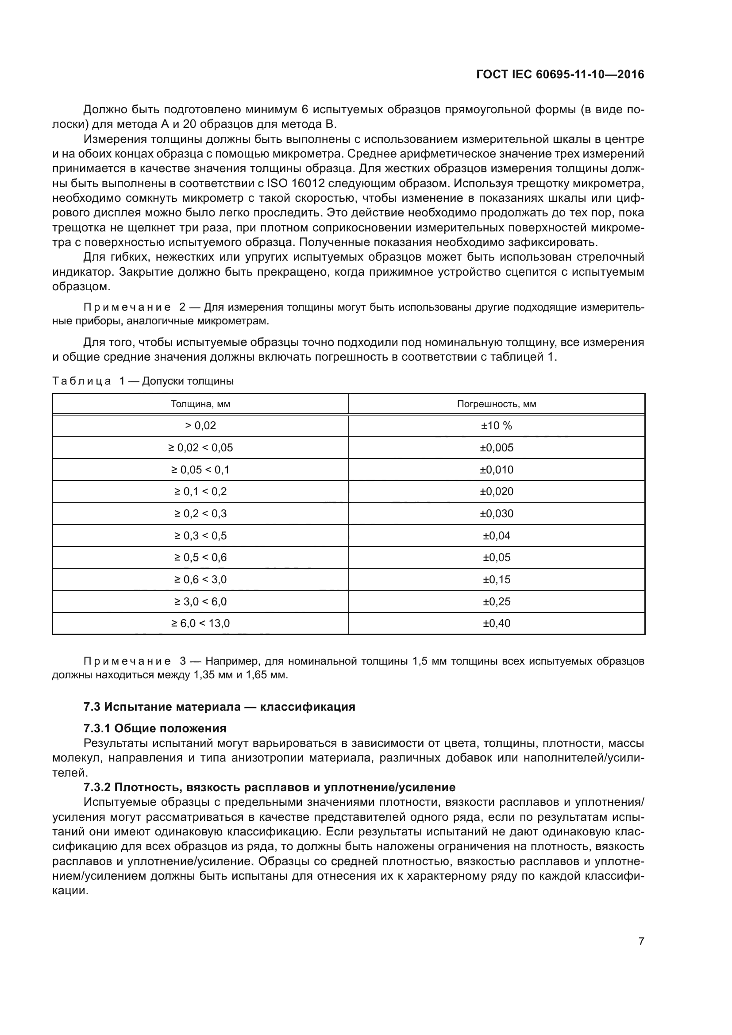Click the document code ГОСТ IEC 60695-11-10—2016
click(560, 74)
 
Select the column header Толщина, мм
click(200, 404)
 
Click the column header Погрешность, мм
click(496, 404)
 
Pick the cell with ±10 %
click(496, 426)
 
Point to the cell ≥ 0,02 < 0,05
click(200, 448)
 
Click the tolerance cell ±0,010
click(496, 470)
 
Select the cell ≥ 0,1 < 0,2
click(200, 491)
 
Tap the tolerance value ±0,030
click(496, 513)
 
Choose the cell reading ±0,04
click(496, 535)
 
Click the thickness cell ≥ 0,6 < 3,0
click(200, 579)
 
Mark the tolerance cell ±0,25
click(496, 601)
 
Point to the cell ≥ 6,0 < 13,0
click(200, 623)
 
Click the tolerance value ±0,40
click(496, 623)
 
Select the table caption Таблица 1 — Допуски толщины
click(143, 381)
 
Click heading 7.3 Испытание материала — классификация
click(219, 706)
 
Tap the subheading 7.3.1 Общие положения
click(154, 728)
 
